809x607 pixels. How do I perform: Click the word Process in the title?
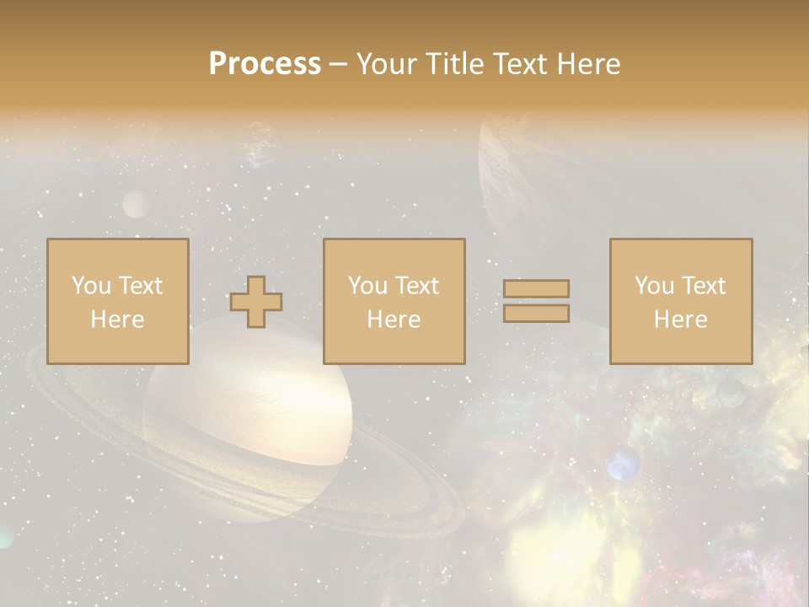click(x=265, y=64)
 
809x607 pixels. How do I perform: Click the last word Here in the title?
click(x=588, y=64)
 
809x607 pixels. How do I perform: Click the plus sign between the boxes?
click(x=256, y=302)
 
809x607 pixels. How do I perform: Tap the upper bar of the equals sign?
click(x=536, y=288)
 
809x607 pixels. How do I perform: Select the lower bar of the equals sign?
click(x=536, y=314)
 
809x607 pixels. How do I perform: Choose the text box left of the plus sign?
click(x=118, y=301)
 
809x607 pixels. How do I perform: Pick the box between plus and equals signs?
click(x=394, y=301)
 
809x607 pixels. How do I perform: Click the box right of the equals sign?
click(x=681, y=301)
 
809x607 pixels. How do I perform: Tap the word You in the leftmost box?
click(x=89, y=286)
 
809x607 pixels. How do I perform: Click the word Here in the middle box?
click(x=394, y=320)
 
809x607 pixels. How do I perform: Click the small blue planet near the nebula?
click(x=623, y=463)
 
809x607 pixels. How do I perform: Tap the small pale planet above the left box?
click(x=136, y=204)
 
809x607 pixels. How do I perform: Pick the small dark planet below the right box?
click(x=731, y=392)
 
